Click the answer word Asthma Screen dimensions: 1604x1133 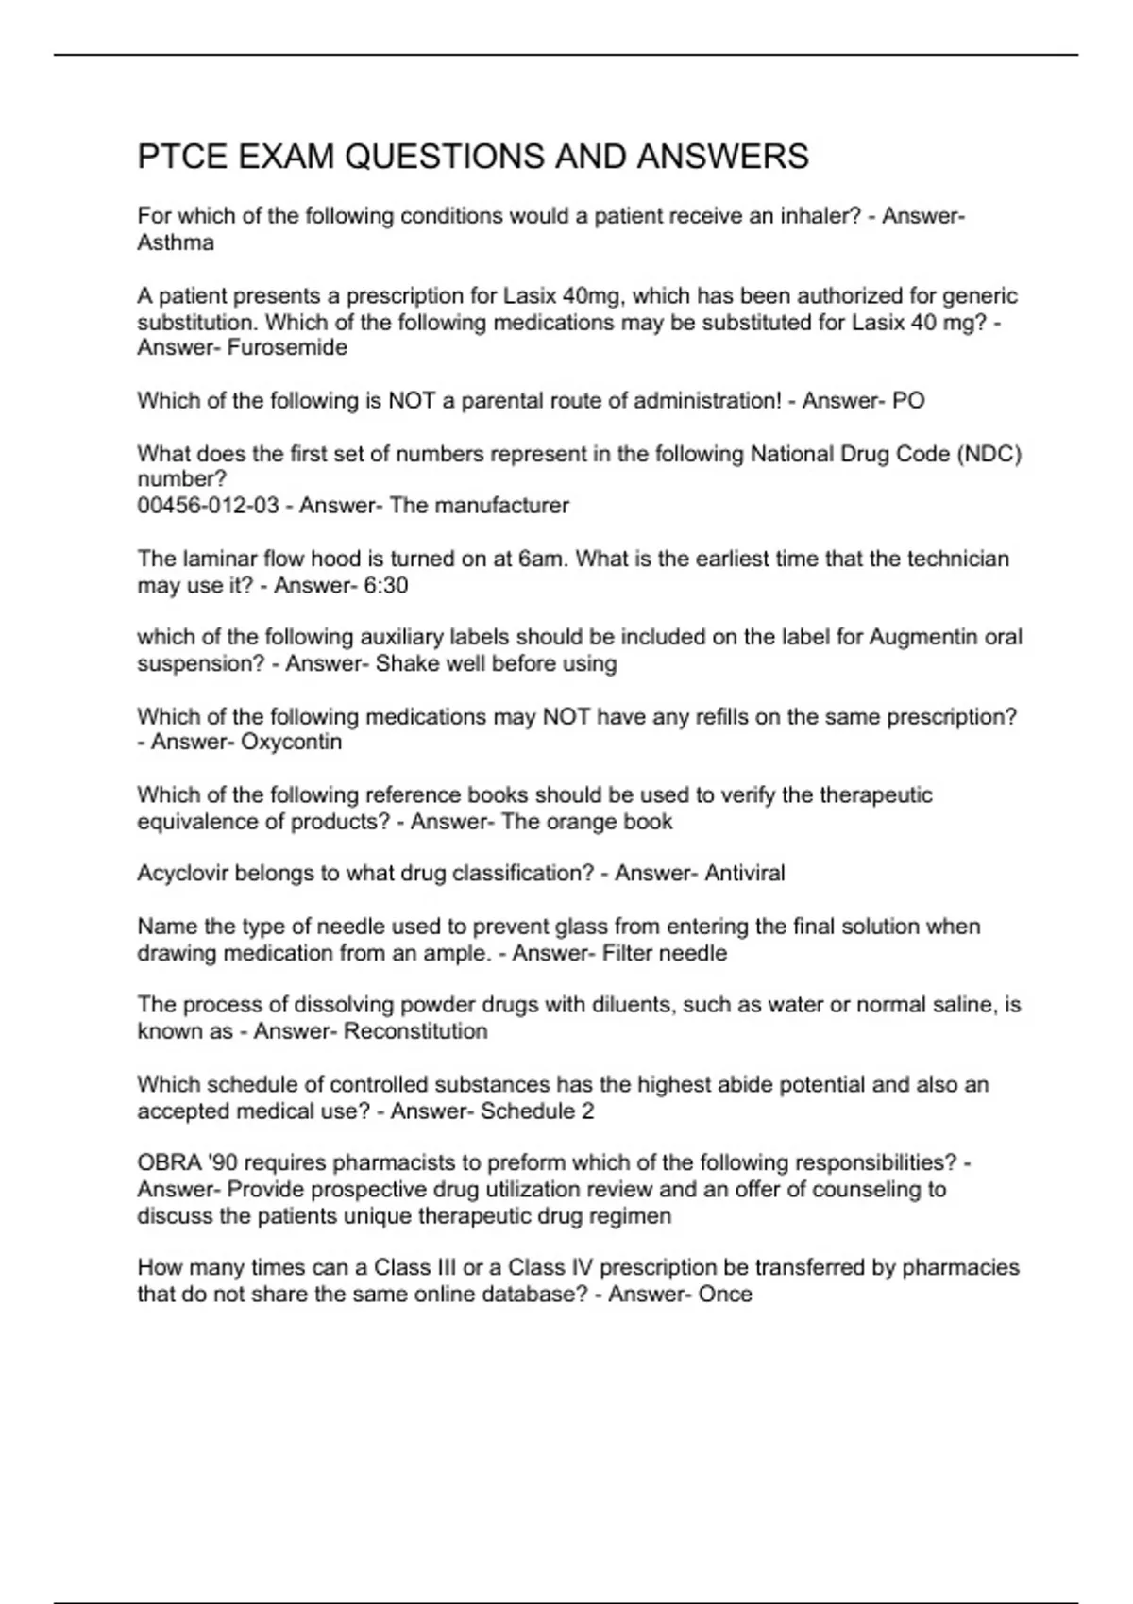click(176, 242)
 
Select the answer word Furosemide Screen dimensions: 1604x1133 click(287, 347)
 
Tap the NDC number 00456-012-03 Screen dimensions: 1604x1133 click(208, 506)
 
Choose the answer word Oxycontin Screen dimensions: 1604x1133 click(292, 742)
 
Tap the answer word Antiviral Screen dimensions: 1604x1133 click(745, 873)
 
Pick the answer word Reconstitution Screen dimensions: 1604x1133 click(415, 1031)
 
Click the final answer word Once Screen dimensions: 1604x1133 click(725, 1294)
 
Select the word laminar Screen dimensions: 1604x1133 click(219, 559)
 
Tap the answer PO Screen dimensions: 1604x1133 click(908, 401)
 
